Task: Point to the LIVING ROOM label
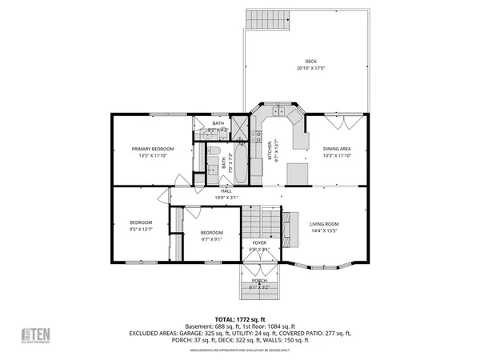tap(325, 224)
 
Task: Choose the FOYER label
tap(259, 242)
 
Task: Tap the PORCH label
tap(259, 281)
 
